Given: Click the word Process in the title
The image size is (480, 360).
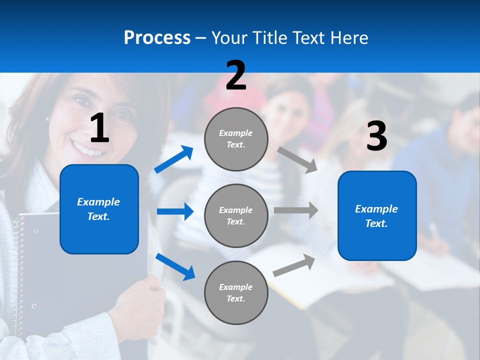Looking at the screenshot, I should tap(157, 37).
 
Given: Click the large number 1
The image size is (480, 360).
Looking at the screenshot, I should tap(99, 128).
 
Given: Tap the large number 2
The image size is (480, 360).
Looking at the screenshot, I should tap(236, 75).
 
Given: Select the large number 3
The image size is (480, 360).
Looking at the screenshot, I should tap(376, 136).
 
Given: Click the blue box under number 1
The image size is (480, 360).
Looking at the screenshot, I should tap(99, 209).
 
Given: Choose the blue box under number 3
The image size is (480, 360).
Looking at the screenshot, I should tap(377, 216).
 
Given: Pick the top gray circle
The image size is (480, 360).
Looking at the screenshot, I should tap(236, 139).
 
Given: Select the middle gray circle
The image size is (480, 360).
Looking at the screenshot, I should tap(236, 216).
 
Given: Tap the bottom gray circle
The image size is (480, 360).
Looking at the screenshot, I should tap(236, 293).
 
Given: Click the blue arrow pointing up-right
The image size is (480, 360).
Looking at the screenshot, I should tap(174, 159).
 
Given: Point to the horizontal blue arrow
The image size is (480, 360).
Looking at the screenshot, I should tap(175, 211).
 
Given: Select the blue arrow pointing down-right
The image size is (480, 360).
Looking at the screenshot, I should tap(175, 266).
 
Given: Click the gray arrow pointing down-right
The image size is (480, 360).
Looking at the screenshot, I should tap(297, 159).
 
